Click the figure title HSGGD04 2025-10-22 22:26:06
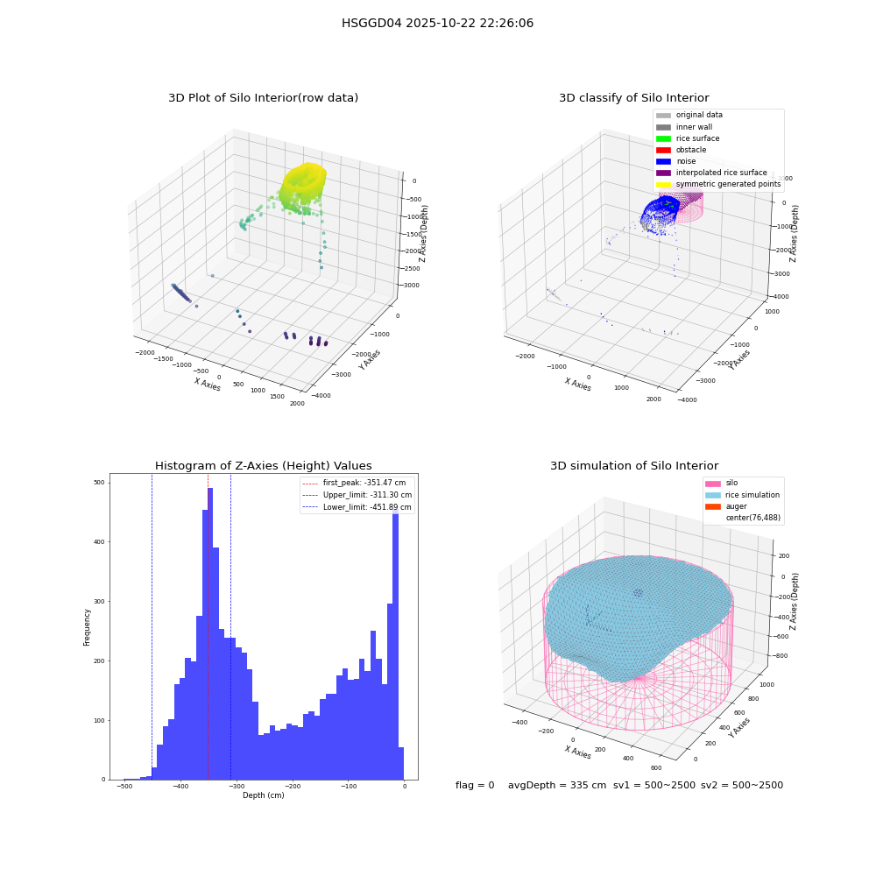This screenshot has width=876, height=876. [437, 23]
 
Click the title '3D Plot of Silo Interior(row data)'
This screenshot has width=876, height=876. [263, 98]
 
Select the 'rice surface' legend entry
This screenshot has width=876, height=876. [688, 138]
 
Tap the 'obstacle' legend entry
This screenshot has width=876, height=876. [681, 150]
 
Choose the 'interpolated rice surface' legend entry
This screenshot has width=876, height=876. [711, 173]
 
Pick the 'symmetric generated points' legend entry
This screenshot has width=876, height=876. [718, 184]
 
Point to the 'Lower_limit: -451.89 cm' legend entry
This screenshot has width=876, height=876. [357, 507]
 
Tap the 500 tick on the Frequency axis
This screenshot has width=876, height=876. [100, 483]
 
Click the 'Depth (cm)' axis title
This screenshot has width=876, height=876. [263, 795]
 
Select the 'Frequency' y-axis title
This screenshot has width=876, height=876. [87, 627]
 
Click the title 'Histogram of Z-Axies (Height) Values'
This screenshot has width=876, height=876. [263, 466]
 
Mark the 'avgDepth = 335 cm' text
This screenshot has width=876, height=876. [557, 785]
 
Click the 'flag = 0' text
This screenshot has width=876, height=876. [475, 785]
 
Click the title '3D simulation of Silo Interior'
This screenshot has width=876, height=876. [634, 466]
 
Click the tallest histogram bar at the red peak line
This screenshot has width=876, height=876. [210, 633]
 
